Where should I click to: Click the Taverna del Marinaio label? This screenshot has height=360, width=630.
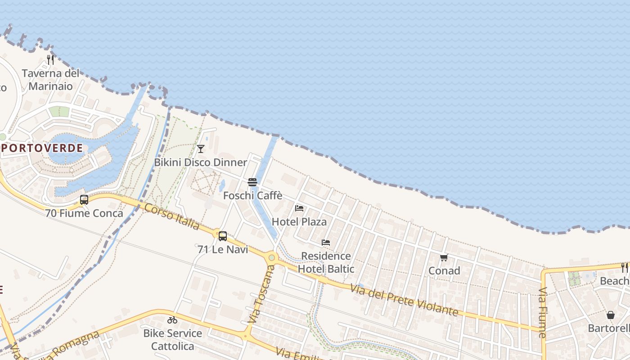click(50, 80)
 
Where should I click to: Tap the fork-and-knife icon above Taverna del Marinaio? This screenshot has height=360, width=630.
click(50, 59)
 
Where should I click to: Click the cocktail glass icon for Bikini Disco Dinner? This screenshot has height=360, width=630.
click(201, 148)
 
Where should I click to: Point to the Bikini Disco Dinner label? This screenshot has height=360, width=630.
click(201, 162)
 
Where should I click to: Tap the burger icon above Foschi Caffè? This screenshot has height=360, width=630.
click(252, 182)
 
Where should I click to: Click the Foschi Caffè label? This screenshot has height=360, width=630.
click(253, 196)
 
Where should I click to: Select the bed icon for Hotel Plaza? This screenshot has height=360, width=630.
click(299, 208)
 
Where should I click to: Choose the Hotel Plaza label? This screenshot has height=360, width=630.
click(299, 222)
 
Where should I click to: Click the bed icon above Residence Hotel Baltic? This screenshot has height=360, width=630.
click(326, 243)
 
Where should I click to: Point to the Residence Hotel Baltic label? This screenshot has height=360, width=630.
click(326, 262)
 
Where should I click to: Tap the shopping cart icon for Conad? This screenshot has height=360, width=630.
click(444, 257)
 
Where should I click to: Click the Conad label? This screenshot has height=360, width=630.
click(444, 271)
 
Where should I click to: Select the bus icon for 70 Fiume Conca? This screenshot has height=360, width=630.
click(84, 200)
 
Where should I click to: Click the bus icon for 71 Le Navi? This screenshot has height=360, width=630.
click(222, 236)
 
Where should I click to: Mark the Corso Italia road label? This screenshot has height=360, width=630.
click(172, 216)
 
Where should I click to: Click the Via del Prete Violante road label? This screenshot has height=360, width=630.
click(404, 300)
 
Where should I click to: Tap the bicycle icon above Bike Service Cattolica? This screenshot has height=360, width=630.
click(172, 320)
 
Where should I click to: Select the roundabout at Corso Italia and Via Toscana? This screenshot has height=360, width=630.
click(271, 258)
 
